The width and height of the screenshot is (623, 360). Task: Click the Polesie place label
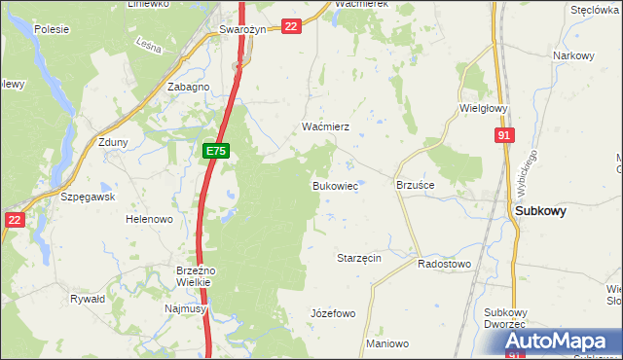pos(51,29)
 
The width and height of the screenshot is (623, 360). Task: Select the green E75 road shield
pos(216,151)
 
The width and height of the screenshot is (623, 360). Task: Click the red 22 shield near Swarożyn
pos(291,26)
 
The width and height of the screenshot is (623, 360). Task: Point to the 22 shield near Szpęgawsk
pos(14,220)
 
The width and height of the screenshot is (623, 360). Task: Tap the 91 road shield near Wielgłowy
pos(502,137)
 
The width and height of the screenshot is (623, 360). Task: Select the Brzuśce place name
pos(416,184)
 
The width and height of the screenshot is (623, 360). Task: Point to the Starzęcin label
pos(358,258)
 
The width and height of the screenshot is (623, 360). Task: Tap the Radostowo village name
pos(444,264)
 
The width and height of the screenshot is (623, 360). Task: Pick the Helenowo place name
pos(149,219)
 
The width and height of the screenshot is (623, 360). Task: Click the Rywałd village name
pos(88,300)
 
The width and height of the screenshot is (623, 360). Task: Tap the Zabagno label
pos(189,87)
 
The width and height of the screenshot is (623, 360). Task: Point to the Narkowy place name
pos(573,55)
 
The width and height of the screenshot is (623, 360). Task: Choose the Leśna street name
pos(148,45)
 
